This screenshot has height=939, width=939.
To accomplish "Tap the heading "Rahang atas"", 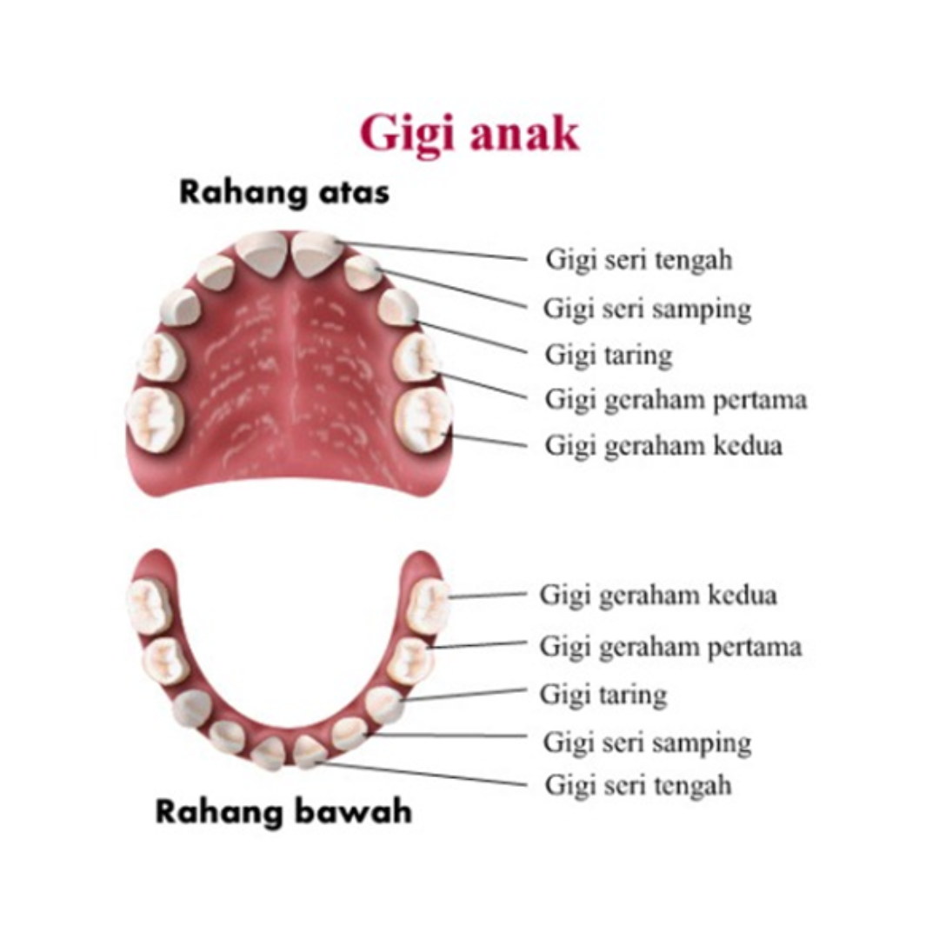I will point(283,193).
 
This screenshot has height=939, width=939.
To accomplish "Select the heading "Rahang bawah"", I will point(283,813).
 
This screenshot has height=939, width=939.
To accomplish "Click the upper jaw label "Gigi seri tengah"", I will point(638,259).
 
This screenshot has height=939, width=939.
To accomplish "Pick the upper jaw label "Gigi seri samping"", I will point(647,309).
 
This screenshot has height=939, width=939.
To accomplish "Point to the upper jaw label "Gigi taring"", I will point(609,355).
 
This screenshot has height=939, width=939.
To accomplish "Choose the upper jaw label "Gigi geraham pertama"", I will point(676,400).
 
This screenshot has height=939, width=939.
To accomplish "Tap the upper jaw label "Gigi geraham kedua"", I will point(663,445).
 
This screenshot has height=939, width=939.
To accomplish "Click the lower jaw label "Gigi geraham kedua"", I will point(658,596).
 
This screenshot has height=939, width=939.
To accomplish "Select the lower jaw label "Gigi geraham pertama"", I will point(670,647).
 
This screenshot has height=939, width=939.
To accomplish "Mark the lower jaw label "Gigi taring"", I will point(603,695).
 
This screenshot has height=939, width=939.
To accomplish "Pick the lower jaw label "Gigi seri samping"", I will point(647,743).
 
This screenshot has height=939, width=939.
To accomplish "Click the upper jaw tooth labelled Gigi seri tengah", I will point(316,252).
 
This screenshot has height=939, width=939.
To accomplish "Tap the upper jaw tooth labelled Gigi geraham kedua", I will point(423,419).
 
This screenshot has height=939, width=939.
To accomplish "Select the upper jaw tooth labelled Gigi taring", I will point(398,307).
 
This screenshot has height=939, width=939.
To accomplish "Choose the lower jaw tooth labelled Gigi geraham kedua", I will point(428,606).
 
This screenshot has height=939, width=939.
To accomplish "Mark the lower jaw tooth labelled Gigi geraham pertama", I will point(410,662).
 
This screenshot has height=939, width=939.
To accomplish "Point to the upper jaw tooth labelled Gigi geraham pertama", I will point(415,356).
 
